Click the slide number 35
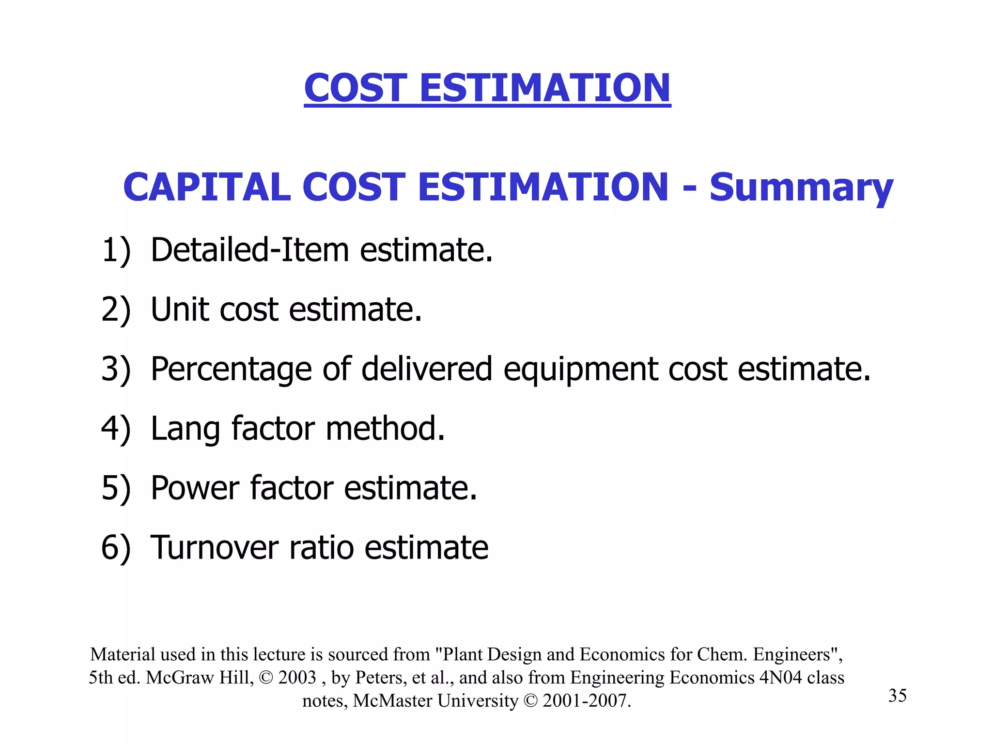(897, 696)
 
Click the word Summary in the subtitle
(801, 188)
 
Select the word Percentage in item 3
(231, 369)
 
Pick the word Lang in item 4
(186, 430)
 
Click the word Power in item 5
(195, 488)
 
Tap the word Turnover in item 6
(215, 548)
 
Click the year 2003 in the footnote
(297, 677)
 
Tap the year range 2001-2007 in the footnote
(586, 700)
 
